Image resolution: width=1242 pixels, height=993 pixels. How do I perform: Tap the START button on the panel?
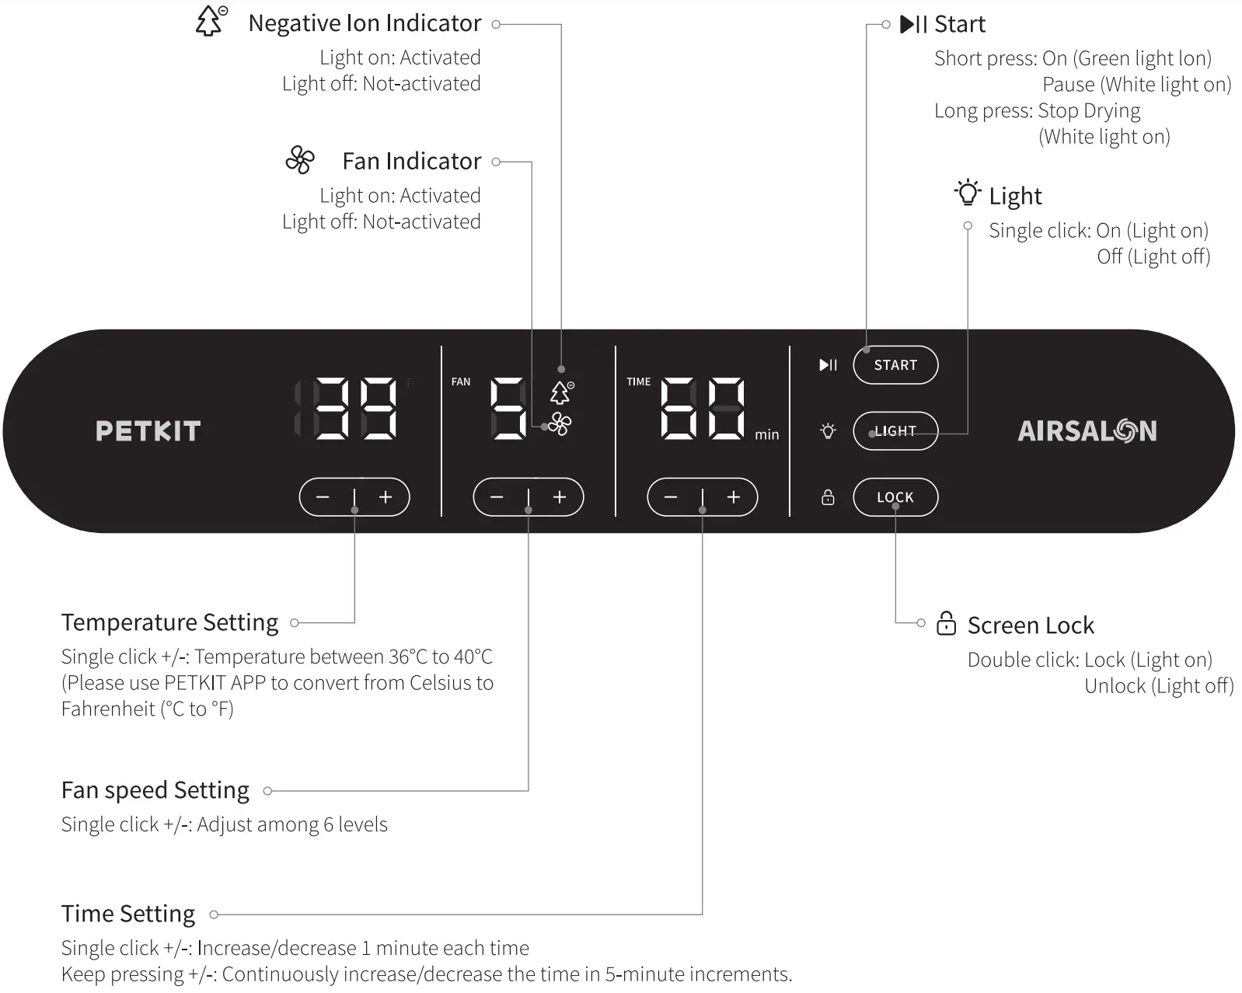[x=895, y=365]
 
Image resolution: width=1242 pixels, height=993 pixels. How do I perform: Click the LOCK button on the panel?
[x=895, y=497]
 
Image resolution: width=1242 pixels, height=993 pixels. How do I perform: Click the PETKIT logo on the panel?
[x=148, y=431]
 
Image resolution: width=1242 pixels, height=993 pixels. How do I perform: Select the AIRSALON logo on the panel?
[x=1087, y=431]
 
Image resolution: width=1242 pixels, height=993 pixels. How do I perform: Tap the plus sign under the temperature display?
[x=386, y=497]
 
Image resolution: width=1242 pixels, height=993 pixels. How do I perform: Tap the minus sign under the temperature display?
[x=323, y=497]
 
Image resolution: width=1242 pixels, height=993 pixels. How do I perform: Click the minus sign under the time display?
[x=672, y=497]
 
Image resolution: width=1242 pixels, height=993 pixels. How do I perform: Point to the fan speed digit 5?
[x=509, y=409]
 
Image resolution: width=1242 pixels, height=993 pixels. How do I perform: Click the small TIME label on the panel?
[x=638, y=382]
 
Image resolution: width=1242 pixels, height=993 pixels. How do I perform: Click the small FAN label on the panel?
[x=461, y=382]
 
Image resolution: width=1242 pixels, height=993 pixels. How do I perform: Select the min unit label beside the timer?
[x=766, y=435]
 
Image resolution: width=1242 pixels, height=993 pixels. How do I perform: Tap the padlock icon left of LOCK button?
[x=828, y=497]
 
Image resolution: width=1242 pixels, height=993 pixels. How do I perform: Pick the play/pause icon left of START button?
[x=828, y=365]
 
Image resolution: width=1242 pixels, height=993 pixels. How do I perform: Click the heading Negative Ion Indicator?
[x=365, y=23]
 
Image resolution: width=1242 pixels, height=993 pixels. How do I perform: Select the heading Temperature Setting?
[x=169, y=622]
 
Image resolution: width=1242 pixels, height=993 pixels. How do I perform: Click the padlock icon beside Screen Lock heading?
[x=946, y=624]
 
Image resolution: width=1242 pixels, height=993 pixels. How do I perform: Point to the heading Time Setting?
[x=128, y=914]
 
